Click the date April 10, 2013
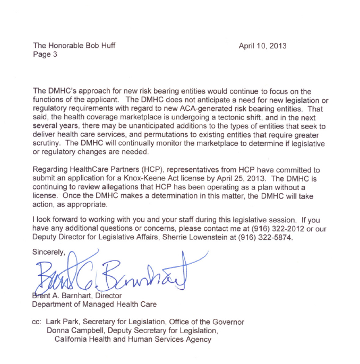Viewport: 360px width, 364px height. point(262,46)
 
